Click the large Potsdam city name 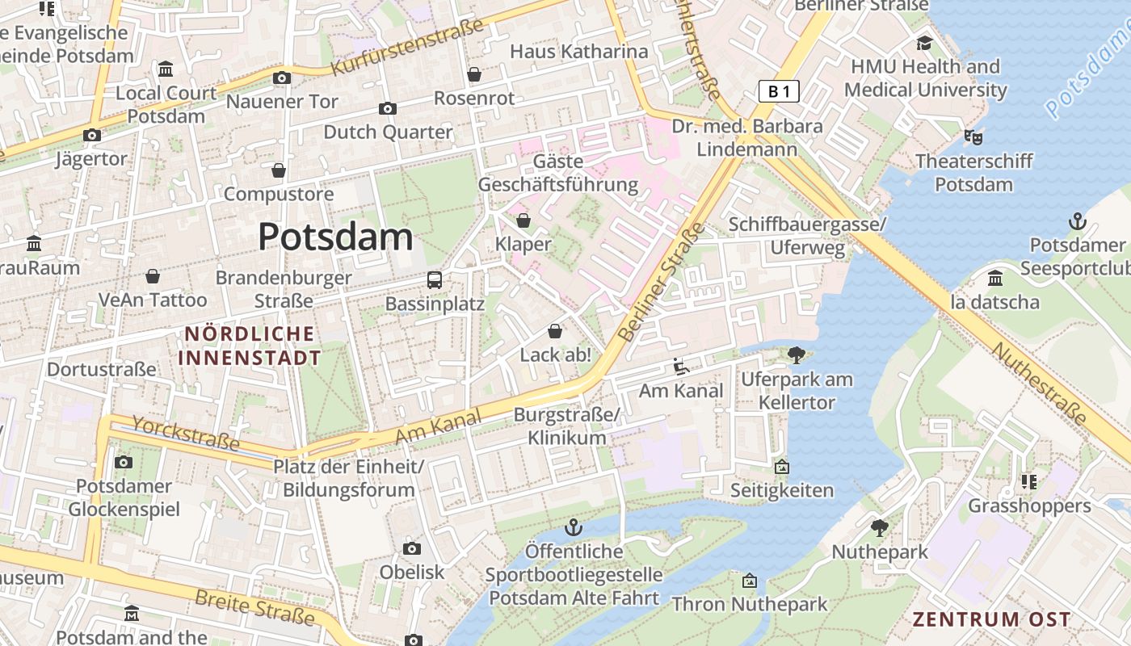335,237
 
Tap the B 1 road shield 779,91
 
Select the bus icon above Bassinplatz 435,280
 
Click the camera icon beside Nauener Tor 282,78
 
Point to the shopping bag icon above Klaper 523,220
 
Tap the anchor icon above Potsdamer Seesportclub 1077,220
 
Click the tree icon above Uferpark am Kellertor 797,354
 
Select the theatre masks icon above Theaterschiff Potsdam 973,137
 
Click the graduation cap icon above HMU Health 924,43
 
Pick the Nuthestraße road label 1039,384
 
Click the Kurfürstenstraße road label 408,47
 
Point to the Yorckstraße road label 186,434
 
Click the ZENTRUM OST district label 991,619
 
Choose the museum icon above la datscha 995,279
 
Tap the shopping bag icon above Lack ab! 555,331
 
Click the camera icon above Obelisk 412,549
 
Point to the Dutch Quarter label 388,132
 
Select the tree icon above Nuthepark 880,528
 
